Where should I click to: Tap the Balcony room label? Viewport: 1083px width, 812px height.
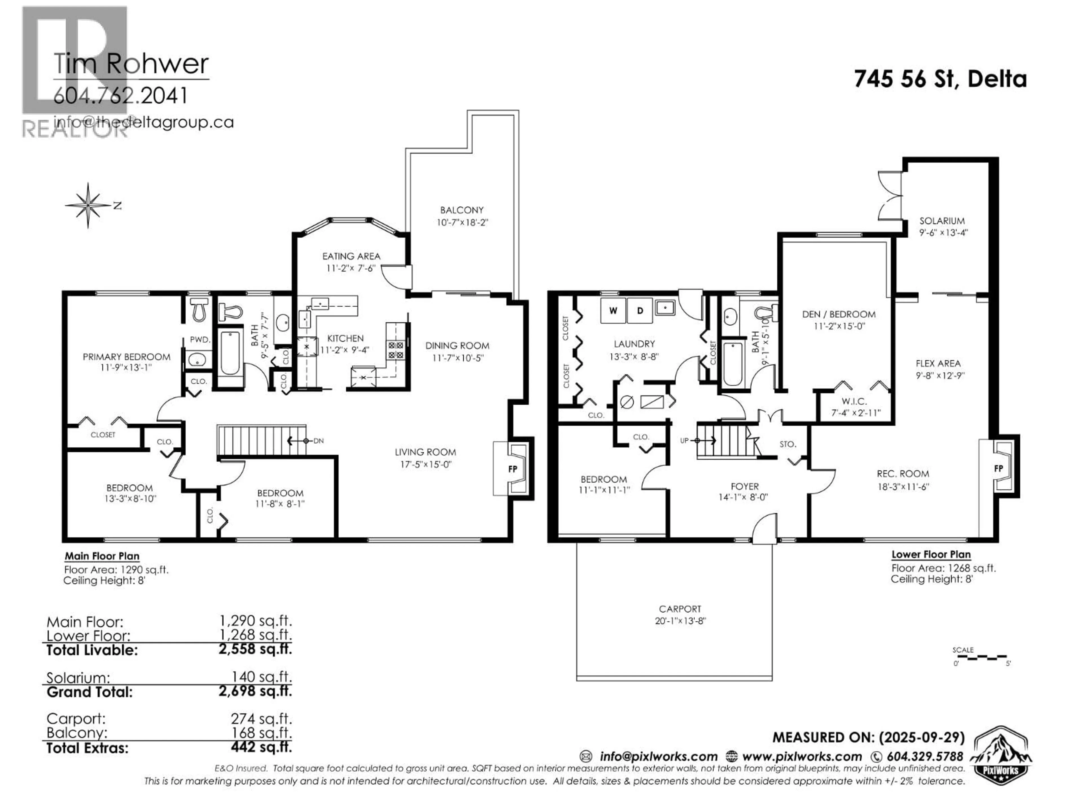pyautogui.click(x=462, y=210)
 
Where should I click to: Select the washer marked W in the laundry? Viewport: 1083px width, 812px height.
pyautogui.click(x=613, y=310)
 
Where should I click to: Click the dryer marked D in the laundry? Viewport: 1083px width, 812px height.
pyautogui.click(x=639, y=310)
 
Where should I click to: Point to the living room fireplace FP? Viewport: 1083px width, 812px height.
pyautogui.click(x=513, y=469)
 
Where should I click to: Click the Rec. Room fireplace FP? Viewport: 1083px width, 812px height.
pyautogui.click(x=998, y=468)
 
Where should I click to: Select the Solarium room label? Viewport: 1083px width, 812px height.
pyautogui.click(x=942, y=221)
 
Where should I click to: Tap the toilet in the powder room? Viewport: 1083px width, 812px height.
pyautogui.click(x=199, y=310)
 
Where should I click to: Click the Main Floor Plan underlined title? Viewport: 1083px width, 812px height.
pyautogui.click(x=102, y=556)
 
